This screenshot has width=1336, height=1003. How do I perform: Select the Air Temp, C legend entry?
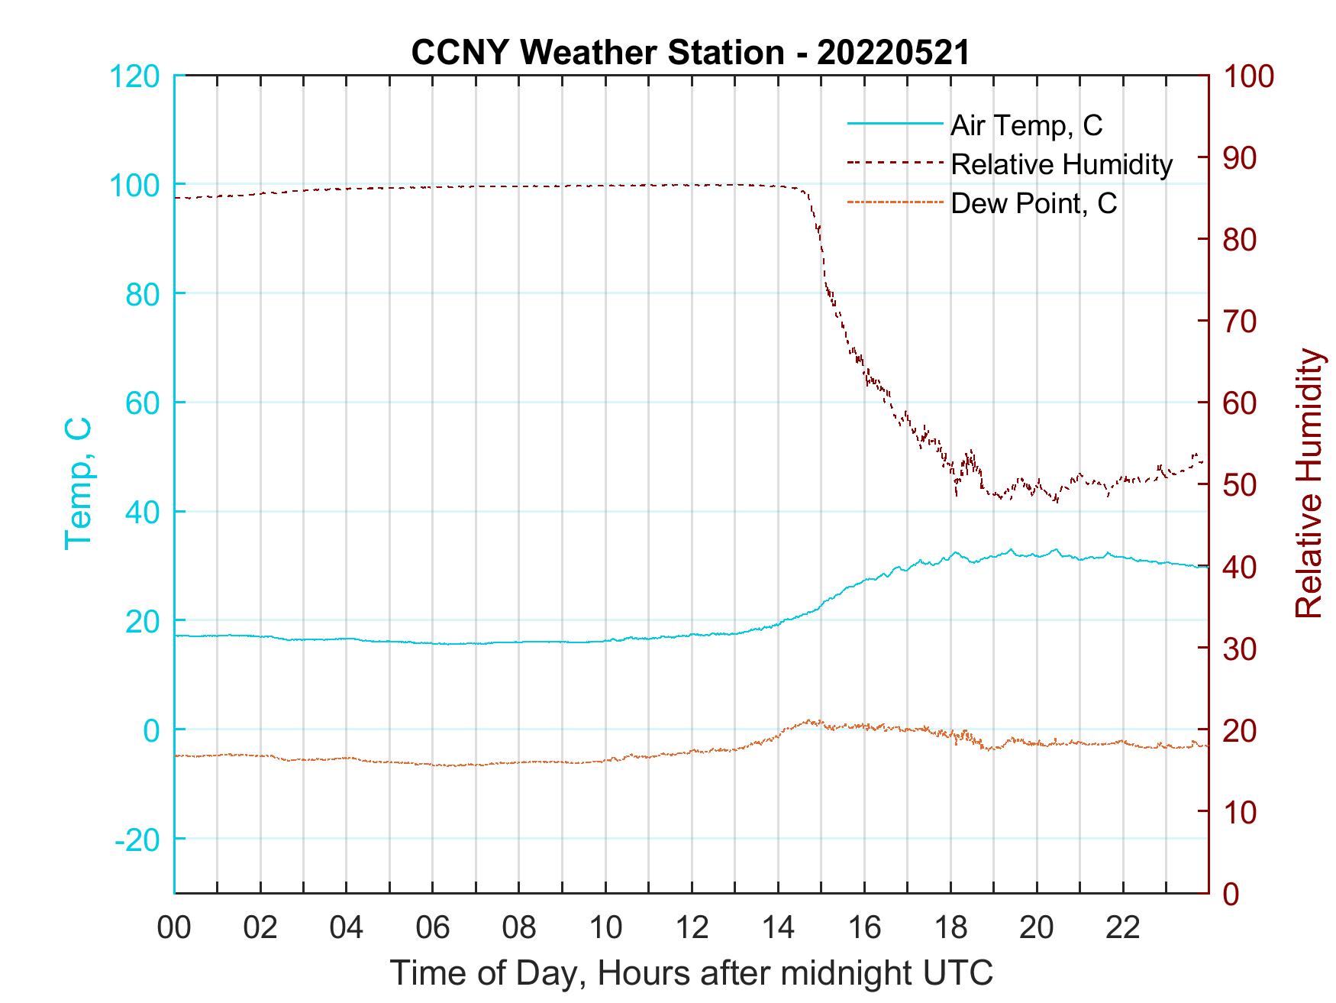1026,125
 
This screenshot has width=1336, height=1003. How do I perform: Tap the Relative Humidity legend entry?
1061,164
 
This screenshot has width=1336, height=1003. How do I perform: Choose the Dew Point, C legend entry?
1034,204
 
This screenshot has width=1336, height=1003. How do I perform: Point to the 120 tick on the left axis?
134,76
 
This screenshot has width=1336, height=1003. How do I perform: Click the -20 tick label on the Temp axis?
137,840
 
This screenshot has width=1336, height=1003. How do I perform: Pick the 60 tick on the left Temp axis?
141,403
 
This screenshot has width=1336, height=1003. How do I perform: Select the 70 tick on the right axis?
1241,322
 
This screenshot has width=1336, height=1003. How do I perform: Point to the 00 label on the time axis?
175,928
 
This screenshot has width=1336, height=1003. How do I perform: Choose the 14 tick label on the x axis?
778,928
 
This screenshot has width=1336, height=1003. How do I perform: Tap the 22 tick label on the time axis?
1123,928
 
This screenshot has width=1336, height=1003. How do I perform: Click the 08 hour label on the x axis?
519,928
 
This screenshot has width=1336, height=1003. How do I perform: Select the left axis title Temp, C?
79,484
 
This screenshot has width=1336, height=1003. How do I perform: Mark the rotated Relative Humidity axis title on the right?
1308,484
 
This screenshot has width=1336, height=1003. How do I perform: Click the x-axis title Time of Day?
692,973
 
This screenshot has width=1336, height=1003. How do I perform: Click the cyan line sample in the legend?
895,125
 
